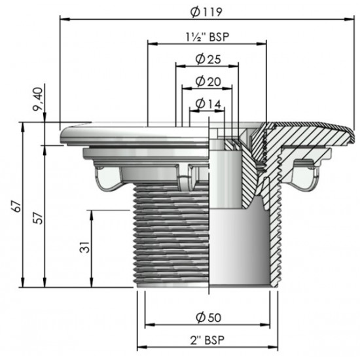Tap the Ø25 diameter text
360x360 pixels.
[x=207, y=60]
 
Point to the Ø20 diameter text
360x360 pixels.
[x=208, y=82]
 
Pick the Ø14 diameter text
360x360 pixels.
[x=208, y=103]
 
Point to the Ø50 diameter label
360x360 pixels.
[x=207, y=317]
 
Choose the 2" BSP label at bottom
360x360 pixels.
[x=207, y=342]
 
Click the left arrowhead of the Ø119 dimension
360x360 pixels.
[x=63, y=19]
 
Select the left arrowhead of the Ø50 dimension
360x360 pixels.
[x=147, y=325]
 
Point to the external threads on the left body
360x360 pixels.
[x=170, y=236]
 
